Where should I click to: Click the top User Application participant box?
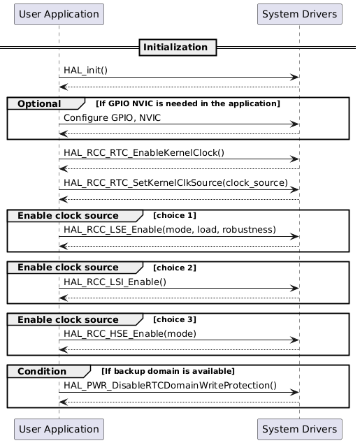click(x=59, y=14)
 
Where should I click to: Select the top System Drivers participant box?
click(x=299, y=14)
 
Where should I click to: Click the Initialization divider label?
click(x=178, y=48)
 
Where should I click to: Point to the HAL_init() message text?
click(x=85, y=71)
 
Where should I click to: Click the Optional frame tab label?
click(x=39, y=104)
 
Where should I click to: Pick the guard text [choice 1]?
click(x=174, y=215)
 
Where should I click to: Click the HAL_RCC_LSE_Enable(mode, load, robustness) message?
click(x=169, y=229)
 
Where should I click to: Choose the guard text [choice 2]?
click(x=174, y=268)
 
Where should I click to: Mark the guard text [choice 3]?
click(x=174, y=319)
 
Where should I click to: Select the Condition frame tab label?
click(x=41, y=371)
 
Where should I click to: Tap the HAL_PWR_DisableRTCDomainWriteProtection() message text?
click(x=170, y=385)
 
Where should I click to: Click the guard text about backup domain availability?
click(x=168, y=371)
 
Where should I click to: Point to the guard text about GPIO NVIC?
click(x=187, y=104)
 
